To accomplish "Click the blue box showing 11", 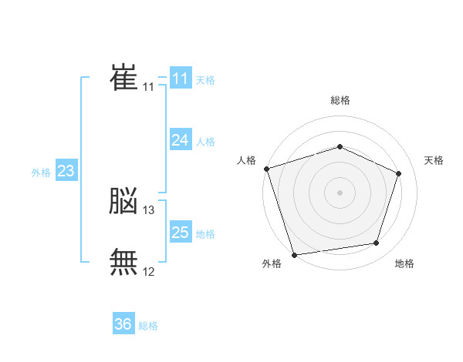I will [x=181, y=79].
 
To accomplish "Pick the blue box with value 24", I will [x=181, y=140].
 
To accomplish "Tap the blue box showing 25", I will [x=181, y=233].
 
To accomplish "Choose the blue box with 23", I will [x=66, y=171].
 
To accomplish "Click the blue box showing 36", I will [x=123, y=324].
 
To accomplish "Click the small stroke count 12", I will [x=149, y=271].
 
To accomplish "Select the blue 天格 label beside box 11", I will [x=205, y=80].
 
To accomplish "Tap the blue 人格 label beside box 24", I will [x=205, y=142].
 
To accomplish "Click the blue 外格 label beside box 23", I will [x=41, y=173].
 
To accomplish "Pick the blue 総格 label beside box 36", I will [x=148, y=326].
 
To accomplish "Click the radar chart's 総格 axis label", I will [x=340, y=100].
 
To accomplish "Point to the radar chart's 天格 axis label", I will [x=434, y=160].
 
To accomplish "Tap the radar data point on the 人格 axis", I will [x=266, y=168].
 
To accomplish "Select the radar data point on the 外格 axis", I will [x=294, y=254].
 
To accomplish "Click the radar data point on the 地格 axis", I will [x=377, y=243].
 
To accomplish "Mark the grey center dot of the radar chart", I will [x=340, y=192].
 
